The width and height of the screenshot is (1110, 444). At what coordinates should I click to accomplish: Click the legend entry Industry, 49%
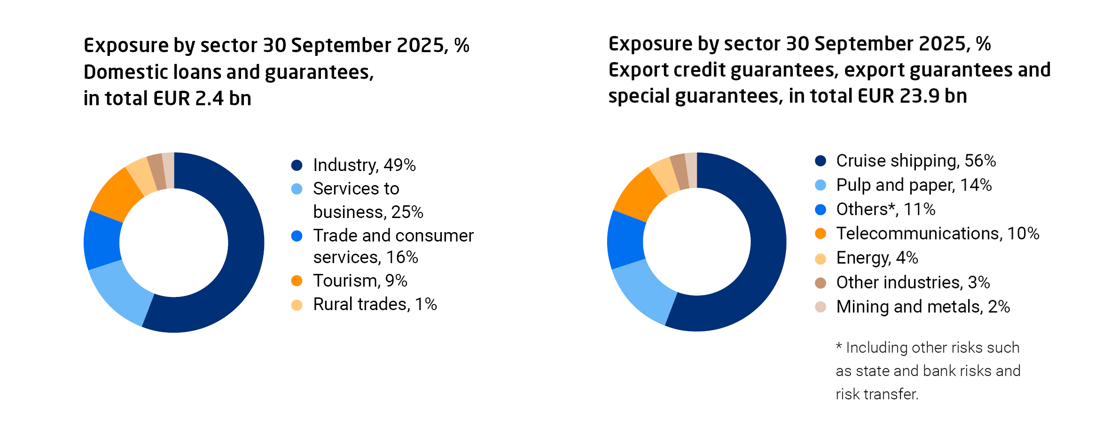coord(364,165)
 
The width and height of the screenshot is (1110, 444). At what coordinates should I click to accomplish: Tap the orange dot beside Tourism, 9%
coord(297,281)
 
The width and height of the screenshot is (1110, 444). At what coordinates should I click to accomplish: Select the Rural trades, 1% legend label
coord(375,304)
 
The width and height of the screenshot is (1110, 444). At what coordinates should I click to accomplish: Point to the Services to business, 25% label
coord(368,200)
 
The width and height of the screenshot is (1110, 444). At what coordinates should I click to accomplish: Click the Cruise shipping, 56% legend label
coord(915,161)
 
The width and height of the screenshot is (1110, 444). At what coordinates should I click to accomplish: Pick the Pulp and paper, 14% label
coord(914,185)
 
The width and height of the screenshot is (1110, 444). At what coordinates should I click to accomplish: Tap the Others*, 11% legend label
coord(885,210)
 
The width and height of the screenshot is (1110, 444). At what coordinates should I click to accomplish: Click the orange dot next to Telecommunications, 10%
coord(821,234)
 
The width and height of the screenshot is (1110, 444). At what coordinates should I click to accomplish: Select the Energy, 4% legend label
coord(877,258)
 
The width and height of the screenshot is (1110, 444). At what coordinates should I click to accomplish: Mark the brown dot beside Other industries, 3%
coord(821,283)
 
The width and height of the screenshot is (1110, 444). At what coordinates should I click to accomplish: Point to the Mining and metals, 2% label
coord(922,307)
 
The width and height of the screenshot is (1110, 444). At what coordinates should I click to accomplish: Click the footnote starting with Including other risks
coord(928,371)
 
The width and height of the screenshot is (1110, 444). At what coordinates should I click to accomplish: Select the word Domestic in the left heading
coord(125,72)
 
